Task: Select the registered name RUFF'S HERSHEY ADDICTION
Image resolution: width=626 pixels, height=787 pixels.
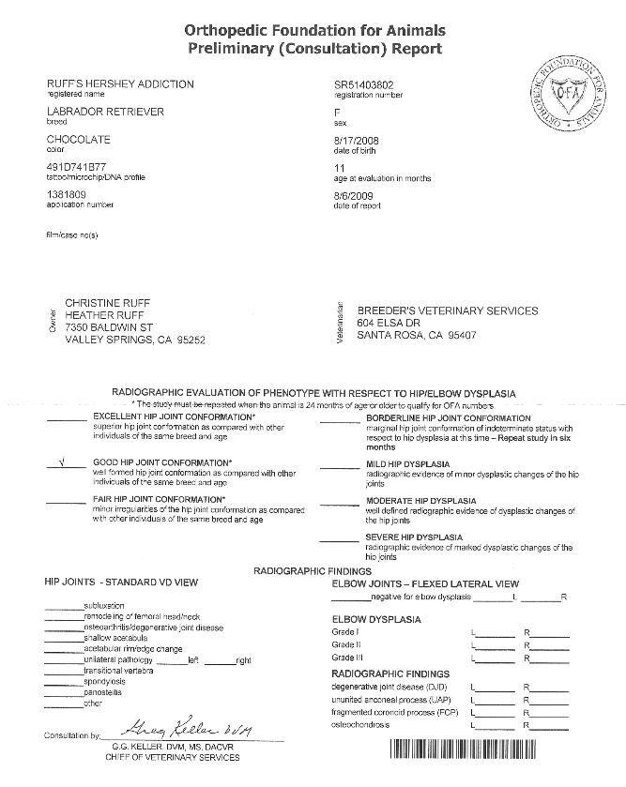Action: coord(120,84)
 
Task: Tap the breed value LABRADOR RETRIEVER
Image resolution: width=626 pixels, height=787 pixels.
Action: coord(105,112)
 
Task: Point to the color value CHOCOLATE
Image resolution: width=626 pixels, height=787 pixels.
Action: coord(78,140)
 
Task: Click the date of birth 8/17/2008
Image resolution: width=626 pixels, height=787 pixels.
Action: coord(353,140)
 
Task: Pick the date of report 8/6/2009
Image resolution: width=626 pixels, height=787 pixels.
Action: coord(350,195)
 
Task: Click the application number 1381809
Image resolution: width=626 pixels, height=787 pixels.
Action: coord(67,195)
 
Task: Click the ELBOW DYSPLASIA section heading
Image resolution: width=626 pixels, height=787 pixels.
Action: coord(376,619)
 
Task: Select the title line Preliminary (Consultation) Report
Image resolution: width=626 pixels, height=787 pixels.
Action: coord(313,48)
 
